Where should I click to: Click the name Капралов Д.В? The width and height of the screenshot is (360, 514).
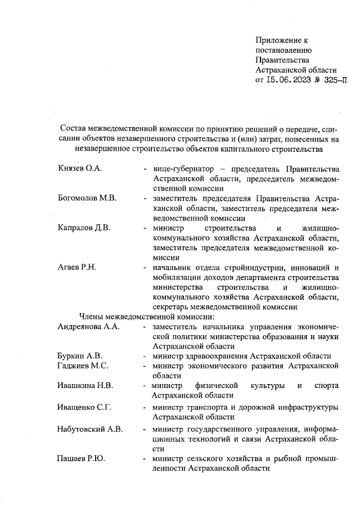tap(84, 228)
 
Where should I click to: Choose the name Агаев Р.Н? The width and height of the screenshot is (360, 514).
tap(77, 267)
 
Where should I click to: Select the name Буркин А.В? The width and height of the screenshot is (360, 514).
tap(79, 356)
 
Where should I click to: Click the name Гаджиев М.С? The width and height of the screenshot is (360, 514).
tap(83, 366)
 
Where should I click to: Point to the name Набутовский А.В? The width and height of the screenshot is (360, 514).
tap(91, 429)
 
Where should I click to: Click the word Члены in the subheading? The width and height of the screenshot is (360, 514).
tap(93, 317)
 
